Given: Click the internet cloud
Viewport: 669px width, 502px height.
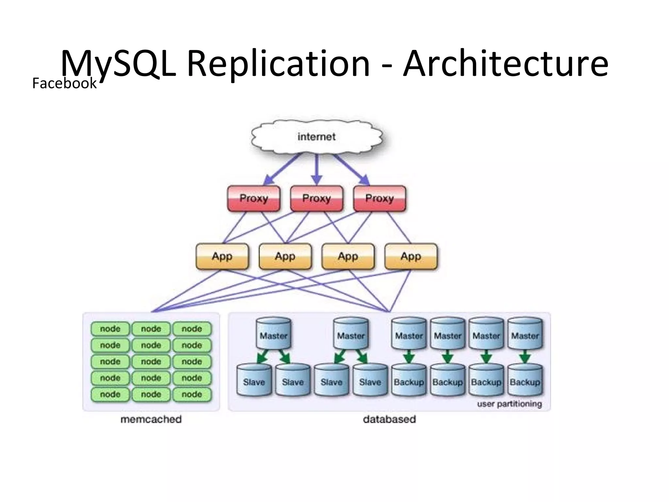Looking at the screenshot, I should click(317, 137).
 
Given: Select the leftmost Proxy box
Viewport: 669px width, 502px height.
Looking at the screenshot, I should click(254, 198).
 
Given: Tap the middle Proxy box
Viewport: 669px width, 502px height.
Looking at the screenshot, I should click(317, 198).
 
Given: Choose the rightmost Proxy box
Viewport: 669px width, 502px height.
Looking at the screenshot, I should click(380, 198).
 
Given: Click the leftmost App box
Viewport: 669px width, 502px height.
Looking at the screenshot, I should click(222, 256).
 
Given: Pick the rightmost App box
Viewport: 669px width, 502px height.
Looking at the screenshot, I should click(411, 256).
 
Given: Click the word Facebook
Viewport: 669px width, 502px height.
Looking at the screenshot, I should click(64, 83).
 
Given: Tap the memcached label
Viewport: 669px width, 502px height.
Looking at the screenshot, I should click(151, 419).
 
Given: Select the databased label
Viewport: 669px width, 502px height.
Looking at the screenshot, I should click(389, 419).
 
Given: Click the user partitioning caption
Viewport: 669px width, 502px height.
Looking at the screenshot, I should click(509, 404).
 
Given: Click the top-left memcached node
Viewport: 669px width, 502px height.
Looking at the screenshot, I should click(110, 329).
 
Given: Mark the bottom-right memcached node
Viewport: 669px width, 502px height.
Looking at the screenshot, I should click(192, 394).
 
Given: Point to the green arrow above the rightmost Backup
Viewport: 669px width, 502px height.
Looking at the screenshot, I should click(525, 357).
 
